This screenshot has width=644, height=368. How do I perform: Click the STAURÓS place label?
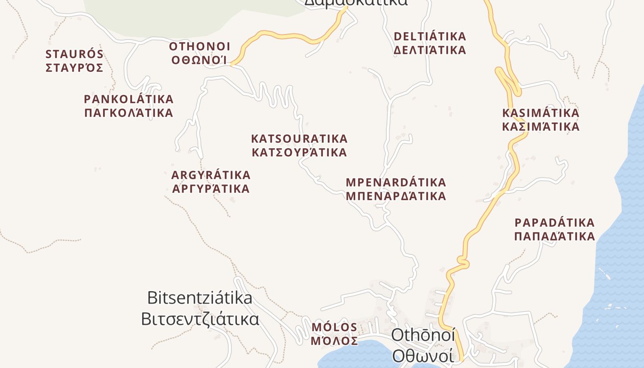click(x=75, y=54)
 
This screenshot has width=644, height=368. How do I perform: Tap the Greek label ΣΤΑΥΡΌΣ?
click(x=75, y=68)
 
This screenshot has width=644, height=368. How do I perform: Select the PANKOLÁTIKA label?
click(x=129, y=99)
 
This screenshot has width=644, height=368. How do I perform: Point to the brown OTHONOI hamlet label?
click(x=200, y=47)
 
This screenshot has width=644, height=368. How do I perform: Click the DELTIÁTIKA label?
click(x=430, y=36)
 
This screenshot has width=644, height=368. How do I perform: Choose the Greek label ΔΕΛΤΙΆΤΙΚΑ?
click(x=430, y=50)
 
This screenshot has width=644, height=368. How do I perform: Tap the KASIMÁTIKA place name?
click(x=540, y=113)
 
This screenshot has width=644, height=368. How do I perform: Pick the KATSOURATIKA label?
click(x=299, y=138)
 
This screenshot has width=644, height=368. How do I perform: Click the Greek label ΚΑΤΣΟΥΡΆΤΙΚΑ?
click(x=299, y=152)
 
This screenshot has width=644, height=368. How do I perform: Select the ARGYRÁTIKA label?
click(x=211, y=175)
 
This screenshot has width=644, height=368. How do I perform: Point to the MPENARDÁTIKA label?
click(x=396, y=182)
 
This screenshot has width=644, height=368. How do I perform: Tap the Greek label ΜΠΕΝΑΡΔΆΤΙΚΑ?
click(x=396, y=196)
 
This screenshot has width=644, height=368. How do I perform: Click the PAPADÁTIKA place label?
click(x=554, y=223)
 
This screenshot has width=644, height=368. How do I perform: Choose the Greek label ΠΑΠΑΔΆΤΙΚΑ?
click(x=554, y=237)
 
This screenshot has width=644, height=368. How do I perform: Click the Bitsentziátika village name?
click(x=200, y=298)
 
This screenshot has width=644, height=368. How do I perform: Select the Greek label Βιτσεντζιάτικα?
click(x=200, y=319)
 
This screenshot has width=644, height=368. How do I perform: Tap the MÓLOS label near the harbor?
click(x=334, y=327)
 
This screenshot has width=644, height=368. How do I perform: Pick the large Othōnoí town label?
click(x=423, y=335)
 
